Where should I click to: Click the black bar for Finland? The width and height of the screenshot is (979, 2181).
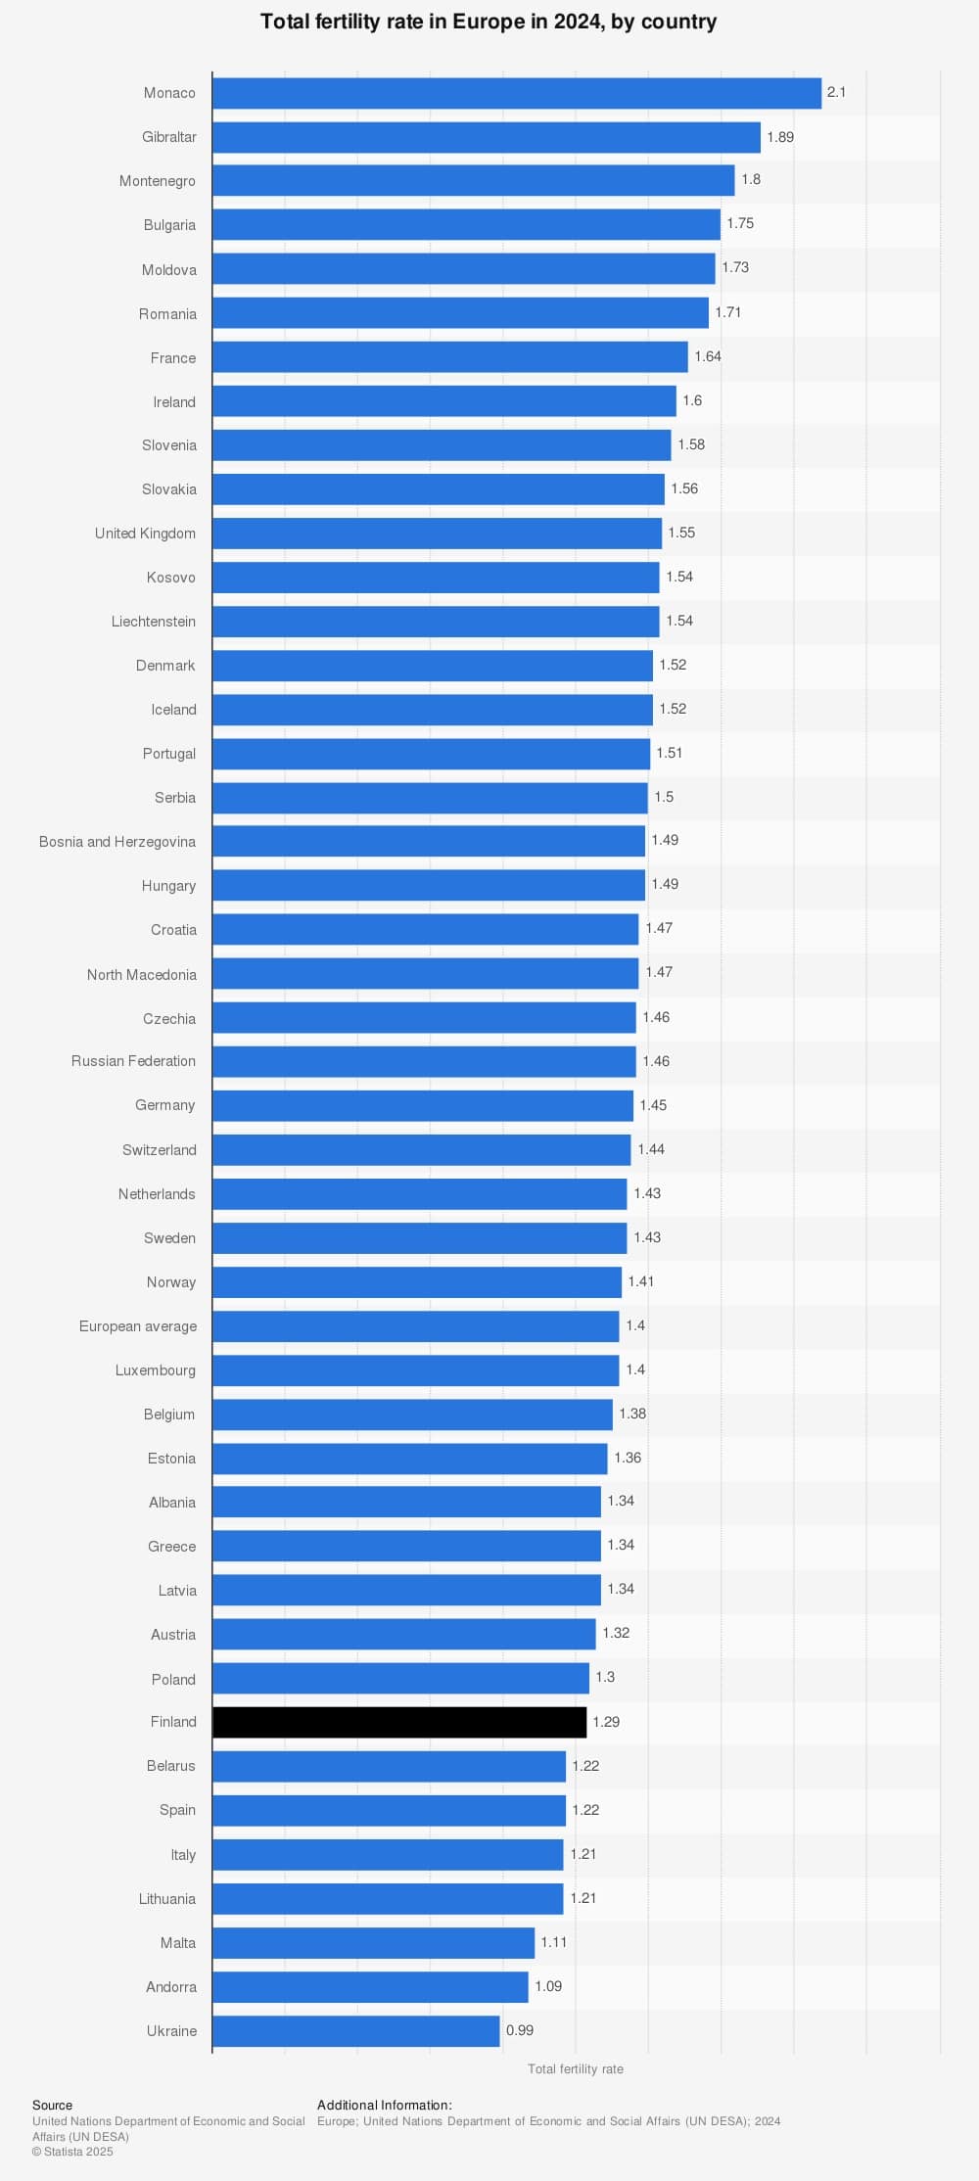click(399, 1722)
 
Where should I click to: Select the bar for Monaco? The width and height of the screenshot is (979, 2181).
click(517, 93)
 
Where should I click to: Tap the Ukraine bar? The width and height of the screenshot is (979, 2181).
click(356, 2030)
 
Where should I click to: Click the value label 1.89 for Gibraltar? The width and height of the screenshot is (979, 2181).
click(780, 137)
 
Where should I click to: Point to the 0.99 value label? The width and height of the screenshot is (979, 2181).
click(520, 2030)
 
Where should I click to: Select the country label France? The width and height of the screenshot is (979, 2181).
click(173, 358)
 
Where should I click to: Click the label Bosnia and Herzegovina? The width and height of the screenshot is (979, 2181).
click(117, 842)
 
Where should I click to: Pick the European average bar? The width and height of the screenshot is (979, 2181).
click(416, 1326)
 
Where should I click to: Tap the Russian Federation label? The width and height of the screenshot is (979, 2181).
click(133, 1061)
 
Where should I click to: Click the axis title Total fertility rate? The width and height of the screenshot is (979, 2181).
click(576, 2068)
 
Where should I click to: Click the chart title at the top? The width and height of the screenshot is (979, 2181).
click(489, 22)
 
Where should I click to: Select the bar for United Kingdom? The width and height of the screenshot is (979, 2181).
click(438, 534)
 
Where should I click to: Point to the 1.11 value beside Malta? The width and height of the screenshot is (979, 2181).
click(554, 1942)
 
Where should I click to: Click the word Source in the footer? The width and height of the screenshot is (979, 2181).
click(52, 2105)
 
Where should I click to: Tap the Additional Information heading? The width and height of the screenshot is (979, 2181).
click(385, 2105)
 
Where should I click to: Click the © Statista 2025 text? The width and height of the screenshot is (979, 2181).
click(72, 2151)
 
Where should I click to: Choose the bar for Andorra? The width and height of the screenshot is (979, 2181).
click(370, 1986)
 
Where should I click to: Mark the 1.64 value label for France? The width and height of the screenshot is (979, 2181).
click(708, 356)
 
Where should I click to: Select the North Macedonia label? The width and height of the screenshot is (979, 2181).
click(142, 975)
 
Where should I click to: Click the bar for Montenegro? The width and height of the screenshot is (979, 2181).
click(474, 180)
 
